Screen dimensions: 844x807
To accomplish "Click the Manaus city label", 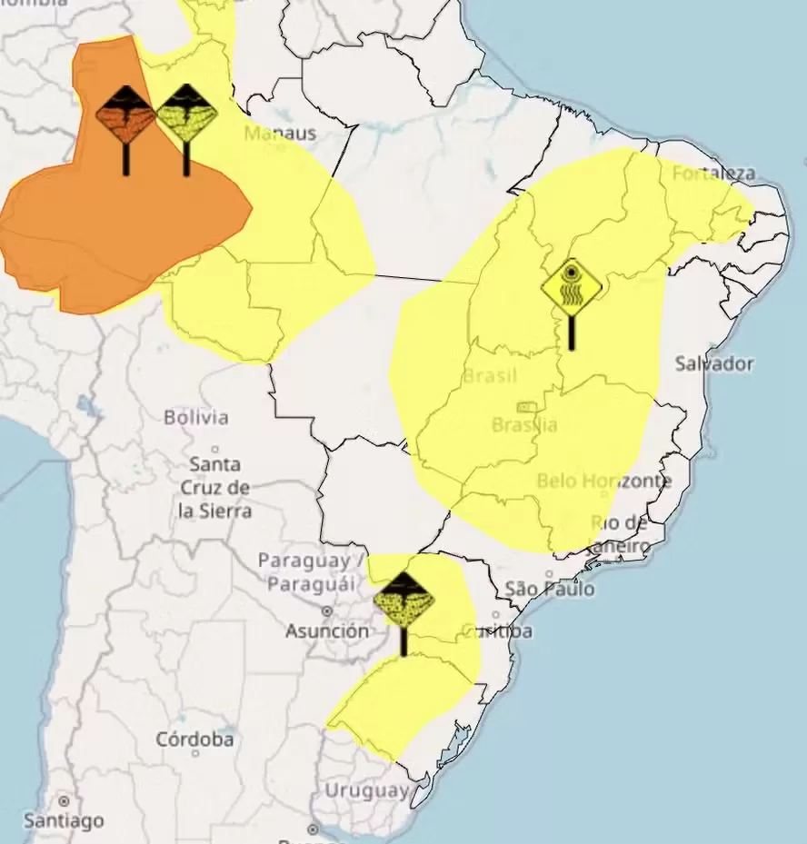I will pyautogui.click(x=280, y=134).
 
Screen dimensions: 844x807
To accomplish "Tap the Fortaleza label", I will pyautogui.click(x=714, y=173).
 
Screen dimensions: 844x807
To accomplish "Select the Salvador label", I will pyautogui.click(x=714, y=363).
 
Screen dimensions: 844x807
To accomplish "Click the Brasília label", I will pyautogui.click(x=524, y=424).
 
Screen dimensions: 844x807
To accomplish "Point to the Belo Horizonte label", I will pyautogui.click(x=603, y=481).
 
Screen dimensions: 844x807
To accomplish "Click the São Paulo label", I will pyautogui.click(x=550, y=589).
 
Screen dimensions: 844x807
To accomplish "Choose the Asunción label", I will pyautogui.click(x=327, y=631).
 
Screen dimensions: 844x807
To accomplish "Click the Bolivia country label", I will pyautogui.click(x=196, y=418).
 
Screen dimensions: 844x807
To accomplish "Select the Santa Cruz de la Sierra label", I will pyautogui.click(x=214, y=488).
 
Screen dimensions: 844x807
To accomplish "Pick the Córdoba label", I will pyautogui.click(x=194, y=739).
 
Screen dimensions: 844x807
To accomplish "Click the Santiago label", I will pyautogui.click(x=64, y=820).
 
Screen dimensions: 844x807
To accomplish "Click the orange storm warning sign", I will pyautogui.click(x=125, y=117).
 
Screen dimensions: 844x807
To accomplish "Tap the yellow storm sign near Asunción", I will pyautogui.click(x=403, y=601).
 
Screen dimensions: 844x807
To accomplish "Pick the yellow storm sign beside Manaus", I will pyautogui.click(x=186, y=115).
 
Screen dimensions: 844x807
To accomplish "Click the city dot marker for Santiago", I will pyautogui.click(x=64, y=801).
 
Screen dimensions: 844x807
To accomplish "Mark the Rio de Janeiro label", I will pyautogui.click(x=620, y=534).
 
